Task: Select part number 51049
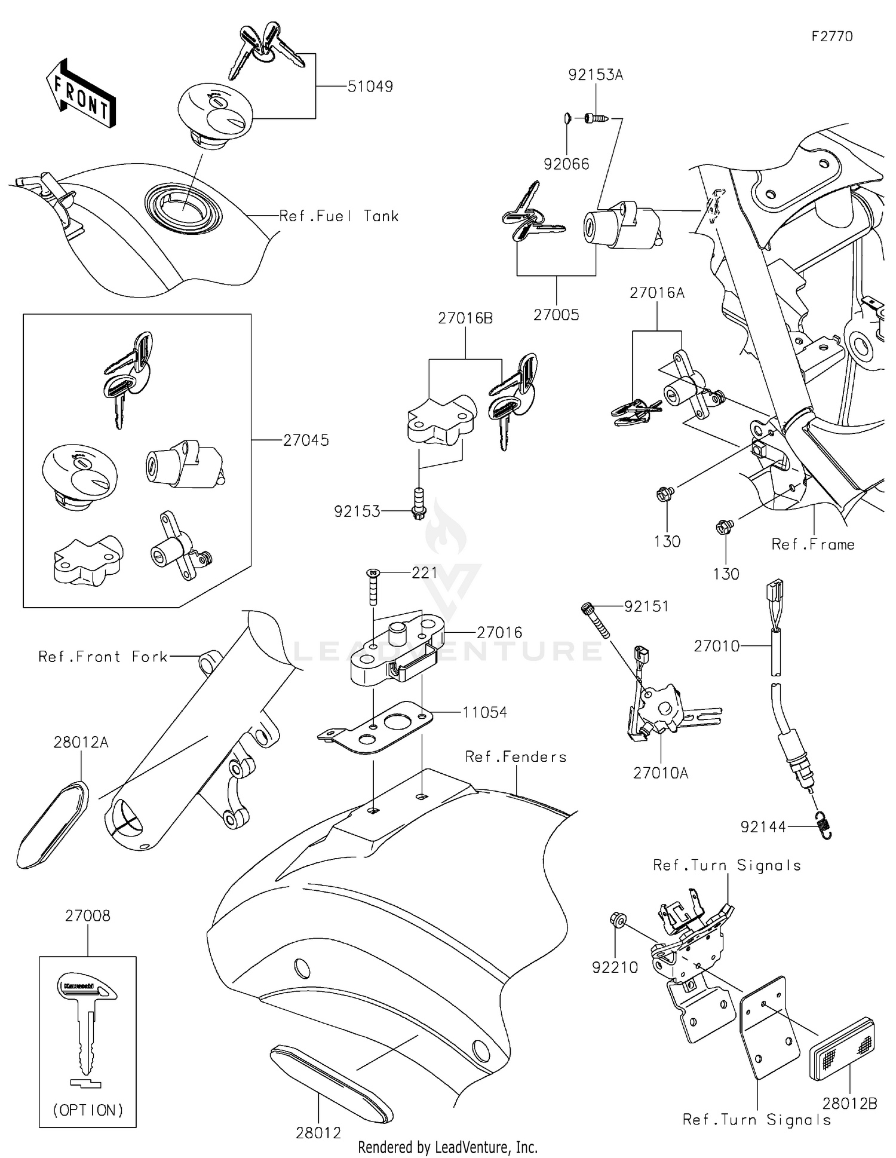point(370,87)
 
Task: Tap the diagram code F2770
point(831,36)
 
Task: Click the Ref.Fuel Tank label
point(339,216)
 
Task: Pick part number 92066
point(566,164)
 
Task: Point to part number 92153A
point(595,75)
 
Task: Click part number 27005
point(556,315)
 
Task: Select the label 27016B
point(465,318)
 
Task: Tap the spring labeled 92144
point(825,827)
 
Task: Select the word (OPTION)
point(88,1110)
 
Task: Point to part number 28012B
point(849,1104)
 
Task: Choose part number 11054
point(484,712)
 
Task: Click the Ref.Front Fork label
point(103,657)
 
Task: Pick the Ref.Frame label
point(812,544)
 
